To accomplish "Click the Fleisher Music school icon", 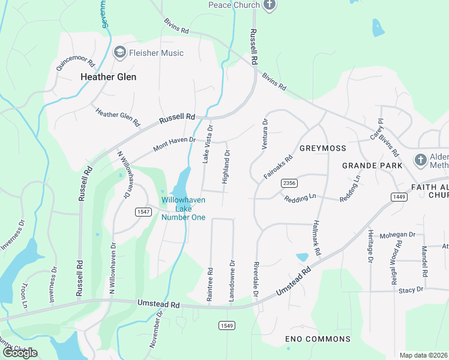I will tap(119, 53).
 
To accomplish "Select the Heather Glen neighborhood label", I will tap(108, 77).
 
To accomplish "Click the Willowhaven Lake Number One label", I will tap(183, 208).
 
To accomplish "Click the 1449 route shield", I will tap(398, 196).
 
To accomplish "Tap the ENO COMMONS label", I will tap(317, 339).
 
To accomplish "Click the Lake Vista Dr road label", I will tap(206, 145).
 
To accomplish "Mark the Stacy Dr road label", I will tap(411, 290).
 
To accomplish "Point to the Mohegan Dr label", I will tap(399, 235).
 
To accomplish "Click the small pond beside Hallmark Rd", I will tap(302, 257).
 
